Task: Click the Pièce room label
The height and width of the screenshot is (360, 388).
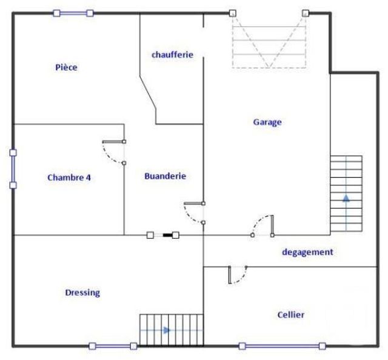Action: pos(66,67)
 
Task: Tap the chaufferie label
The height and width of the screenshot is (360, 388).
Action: pos(172,55)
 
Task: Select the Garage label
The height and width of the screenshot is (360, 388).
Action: pos(267,122)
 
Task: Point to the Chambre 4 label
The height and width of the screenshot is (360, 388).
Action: pos(69,178)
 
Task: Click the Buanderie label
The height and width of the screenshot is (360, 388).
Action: pos(165,176)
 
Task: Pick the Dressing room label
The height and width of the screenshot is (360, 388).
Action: pos(82,293)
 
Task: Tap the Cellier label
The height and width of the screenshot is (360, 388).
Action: pos(291,315)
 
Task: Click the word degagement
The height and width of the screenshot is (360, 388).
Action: pos(307,252)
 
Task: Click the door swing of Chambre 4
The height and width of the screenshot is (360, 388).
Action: pos(113,152)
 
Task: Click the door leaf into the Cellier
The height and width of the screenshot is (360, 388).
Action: pos(230,275)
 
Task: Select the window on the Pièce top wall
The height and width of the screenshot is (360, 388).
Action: pos(73,13)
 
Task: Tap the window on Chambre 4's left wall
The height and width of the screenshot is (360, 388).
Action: pos(13,169)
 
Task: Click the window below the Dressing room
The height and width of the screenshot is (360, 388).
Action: pos(113,346)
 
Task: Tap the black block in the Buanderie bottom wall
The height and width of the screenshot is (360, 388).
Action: pos(175,235)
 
